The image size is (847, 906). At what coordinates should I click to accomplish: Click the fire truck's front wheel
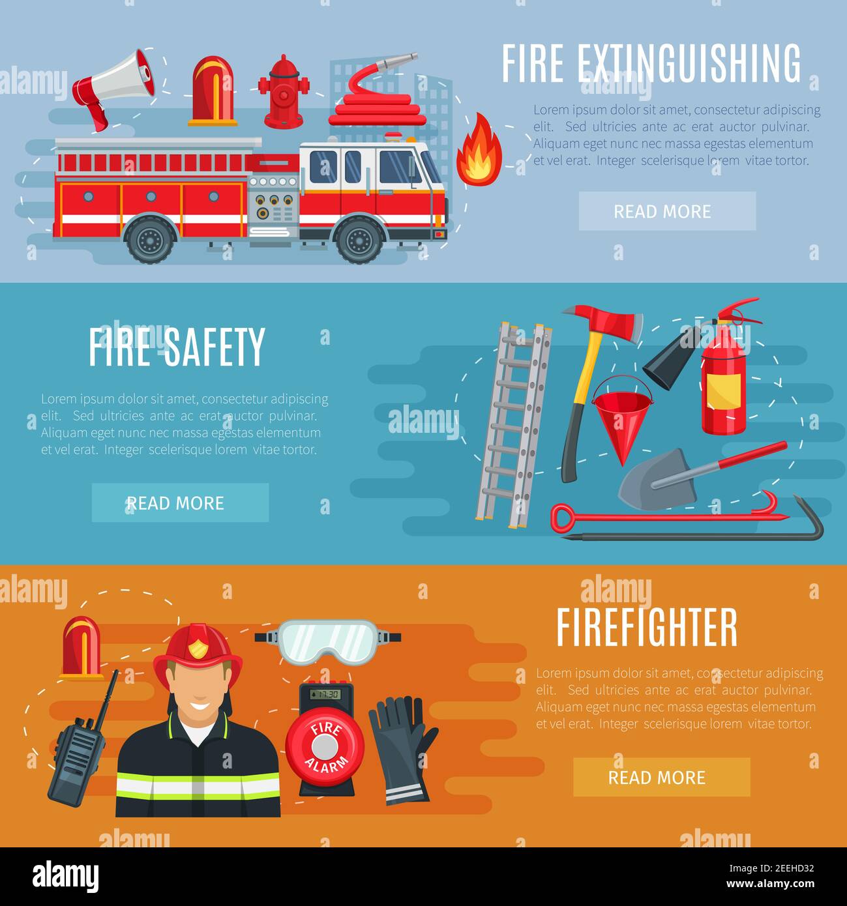[359, 239]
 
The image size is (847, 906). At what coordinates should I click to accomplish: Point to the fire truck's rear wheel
[151, 239]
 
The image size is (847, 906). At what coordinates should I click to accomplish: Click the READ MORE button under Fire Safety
[180, 503]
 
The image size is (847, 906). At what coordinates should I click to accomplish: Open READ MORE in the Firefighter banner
[661, 777]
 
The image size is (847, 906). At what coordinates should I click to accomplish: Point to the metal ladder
[514, 424]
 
